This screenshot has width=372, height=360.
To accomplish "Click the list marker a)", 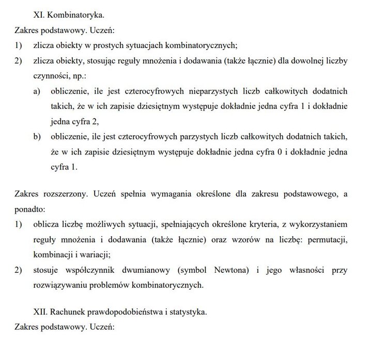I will click(x=37, y=91).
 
